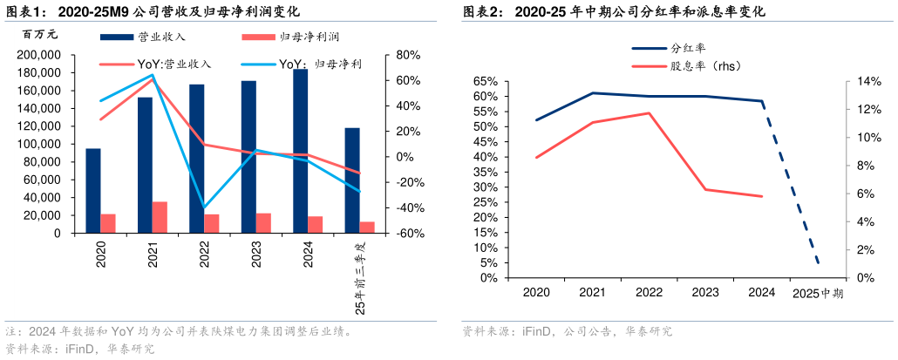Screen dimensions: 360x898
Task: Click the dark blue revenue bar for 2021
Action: (145, 166)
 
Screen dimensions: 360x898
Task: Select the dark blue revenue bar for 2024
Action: (300, 152)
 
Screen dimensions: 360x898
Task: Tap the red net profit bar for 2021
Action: (160, 218)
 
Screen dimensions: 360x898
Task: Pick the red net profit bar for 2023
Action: (263, 223)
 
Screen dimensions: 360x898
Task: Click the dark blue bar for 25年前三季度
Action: (352, 180)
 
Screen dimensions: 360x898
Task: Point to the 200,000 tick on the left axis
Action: (38, 55)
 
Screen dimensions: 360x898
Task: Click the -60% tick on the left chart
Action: (410, 234)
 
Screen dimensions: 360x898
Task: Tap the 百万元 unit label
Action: (40, 35)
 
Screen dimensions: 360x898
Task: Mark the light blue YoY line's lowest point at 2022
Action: (205, 207)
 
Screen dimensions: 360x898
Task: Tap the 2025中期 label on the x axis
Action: (817, 294)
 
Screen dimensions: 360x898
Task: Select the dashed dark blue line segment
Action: (792, 185)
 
